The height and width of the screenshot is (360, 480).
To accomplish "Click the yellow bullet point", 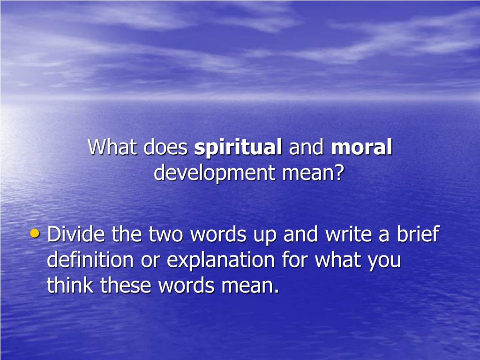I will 35,233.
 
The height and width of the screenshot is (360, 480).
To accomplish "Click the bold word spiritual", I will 238,148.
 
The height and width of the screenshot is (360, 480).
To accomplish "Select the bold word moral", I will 361,148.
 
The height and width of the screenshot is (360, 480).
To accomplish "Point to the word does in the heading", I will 165,148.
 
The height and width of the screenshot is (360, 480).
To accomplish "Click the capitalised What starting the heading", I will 112,148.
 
